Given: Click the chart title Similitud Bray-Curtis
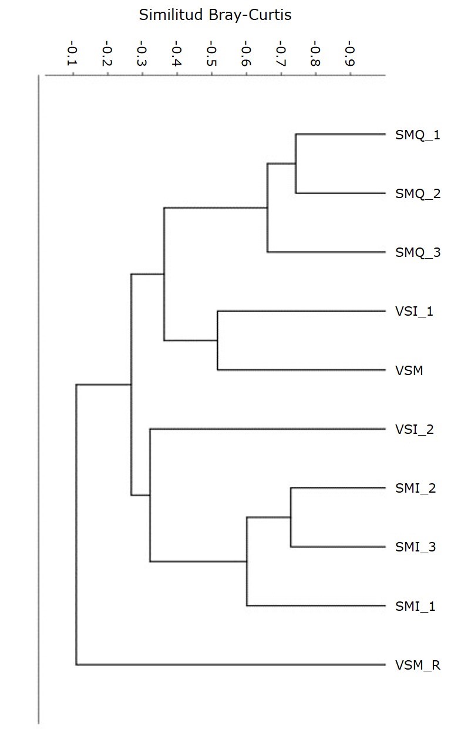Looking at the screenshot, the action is pos(215,15).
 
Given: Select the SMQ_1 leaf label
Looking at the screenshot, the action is pos(418,135).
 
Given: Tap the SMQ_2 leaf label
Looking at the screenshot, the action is pos(418,193).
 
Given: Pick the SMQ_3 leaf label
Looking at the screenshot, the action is pos(418,252).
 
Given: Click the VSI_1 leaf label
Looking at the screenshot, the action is pos(414,312).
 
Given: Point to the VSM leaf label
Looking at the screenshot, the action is pos(409,370).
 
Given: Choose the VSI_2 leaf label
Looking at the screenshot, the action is pos(415,430).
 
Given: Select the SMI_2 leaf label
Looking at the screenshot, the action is pos(415,488).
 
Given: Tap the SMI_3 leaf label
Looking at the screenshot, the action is pos(415,547).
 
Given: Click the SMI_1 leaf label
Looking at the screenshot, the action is pos(415,606).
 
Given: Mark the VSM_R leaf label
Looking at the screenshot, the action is pos(418,665).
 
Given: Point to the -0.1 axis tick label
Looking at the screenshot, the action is pos(72,53).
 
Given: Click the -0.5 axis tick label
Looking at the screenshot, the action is pos(211,53).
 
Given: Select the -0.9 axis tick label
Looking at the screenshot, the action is pos(350,53).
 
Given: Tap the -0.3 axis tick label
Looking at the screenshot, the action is pos(142,53).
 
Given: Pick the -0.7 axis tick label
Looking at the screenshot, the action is pos(281,53).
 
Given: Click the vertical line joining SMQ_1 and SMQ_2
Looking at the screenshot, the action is pos(296,163).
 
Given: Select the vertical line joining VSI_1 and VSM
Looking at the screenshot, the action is pos(217,340).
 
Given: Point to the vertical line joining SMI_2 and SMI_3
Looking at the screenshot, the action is pos(291,517).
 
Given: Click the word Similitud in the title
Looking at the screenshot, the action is pos(171,15).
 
